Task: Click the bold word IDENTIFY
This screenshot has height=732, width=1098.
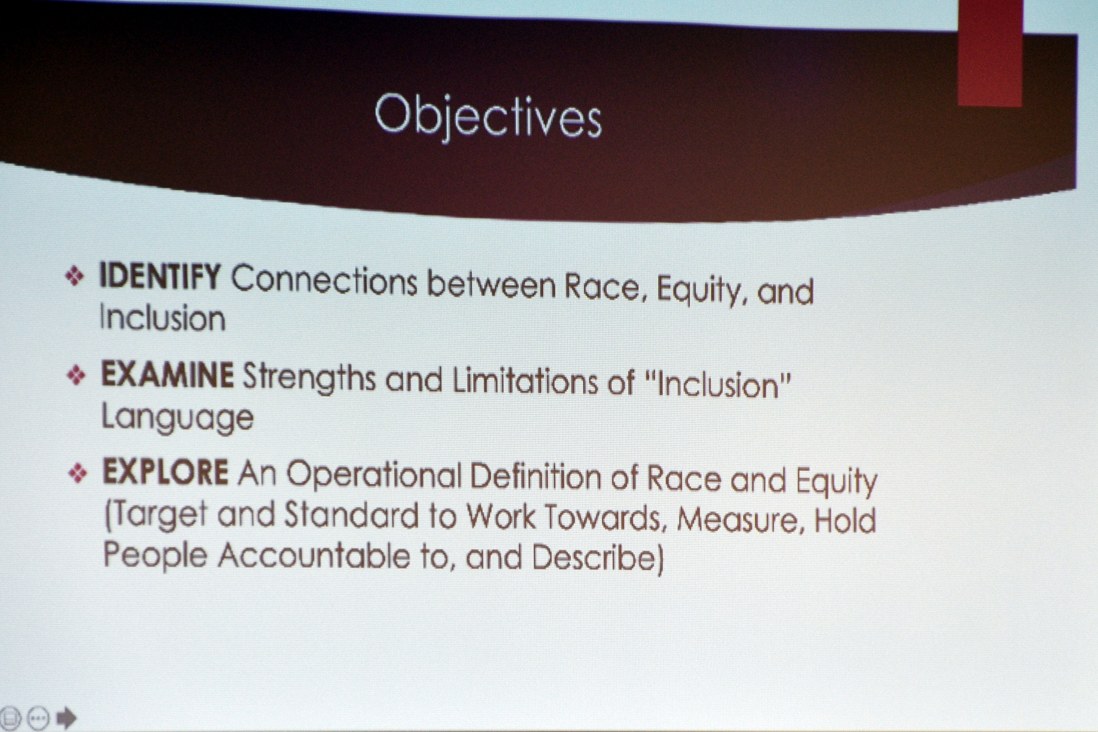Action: click(160, 276)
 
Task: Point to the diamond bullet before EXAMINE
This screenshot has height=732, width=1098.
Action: click(76, 375)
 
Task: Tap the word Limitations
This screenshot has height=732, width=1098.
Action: click(525, 381)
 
